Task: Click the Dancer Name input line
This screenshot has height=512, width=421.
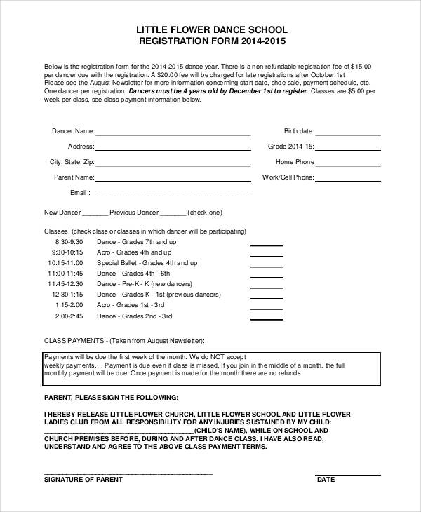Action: (173, 133)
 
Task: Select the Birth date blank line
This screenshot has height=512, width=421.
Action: (349, 133)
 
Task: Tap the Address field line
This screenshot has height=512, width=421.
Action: (173, 149)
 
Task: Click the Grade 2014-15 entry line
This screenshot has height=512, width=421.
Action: (349, 149)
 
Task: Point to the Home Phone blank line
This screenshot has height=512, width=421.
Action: (349, 164)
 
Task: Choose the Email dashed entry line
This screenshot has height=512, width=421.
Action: (173, 195)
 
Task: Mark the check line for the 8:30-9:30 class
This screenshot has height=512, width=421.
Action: (267, 245)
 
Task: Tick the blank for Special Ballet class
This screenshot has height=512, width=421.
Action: (267, 267)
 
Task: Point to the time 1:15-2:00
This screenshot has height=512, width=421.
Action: (68, 306)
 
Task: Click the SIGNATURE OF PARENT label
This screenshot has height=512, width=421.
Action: (83, 480)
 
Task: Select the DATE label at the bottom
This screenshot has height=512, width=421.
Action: (326, 480)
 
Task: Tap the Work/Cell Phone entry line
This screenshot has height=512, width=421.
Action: (349, 180)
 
